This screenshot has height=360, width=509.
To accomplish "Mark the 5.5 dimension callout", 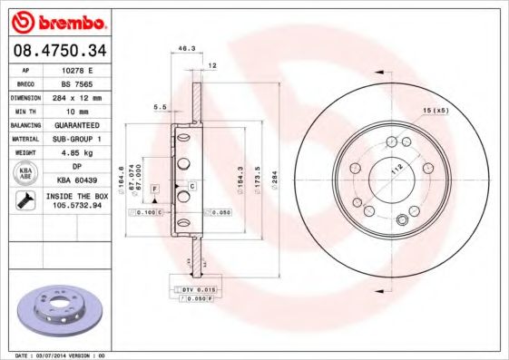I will click(x=161, y=107).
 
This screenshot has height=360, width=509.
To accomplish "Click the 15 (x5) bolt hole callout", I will click(x=436, y=111).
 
